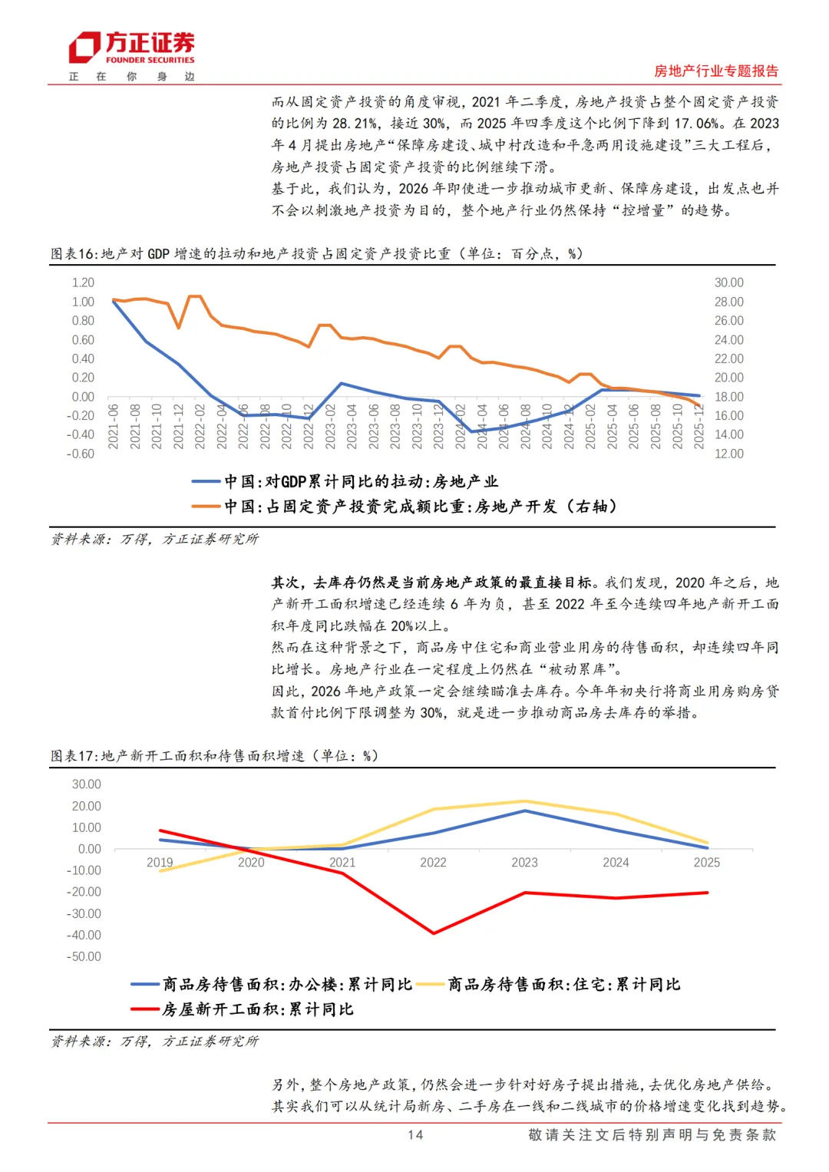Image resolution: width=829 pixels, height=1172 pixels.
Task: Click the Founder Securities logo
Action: click(x=132, y=48)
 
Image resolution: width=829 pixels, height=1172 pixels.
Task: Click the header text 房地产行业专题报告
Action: click(x=715, y=71)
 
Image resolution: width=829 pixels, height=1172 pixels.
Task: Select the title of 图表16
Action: click(x=316, y=254)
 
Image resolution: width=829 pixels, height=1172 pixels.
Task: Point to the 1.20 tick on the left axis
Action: click(x=83, y=282)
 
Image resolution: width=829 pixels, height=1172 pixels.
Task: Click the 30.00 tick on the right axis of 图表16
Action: click(x=728, y=282)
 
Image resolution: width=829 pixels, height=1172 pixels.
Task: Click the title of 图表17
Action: click(x=215, y=756)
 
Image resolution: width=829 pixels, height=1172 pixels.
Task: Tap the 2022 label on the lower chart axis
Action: click(x=433, y=863)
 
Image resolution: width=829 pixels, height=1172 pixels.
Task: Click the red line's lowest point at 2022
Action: click(x=434, y=933)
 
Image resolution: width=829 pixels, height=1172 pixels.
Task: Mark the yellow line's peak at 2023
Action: click(x=524, y=801)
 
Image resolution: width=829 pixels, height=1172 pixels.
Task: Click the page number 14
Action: click(x=415, y=1135)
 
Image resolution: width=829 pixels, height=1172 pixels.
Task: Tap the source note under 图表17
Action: click(x=155, y=1042)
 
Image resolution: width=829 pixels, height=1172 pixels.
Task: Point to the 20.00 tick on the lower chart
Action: click(x=86, y=806)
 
